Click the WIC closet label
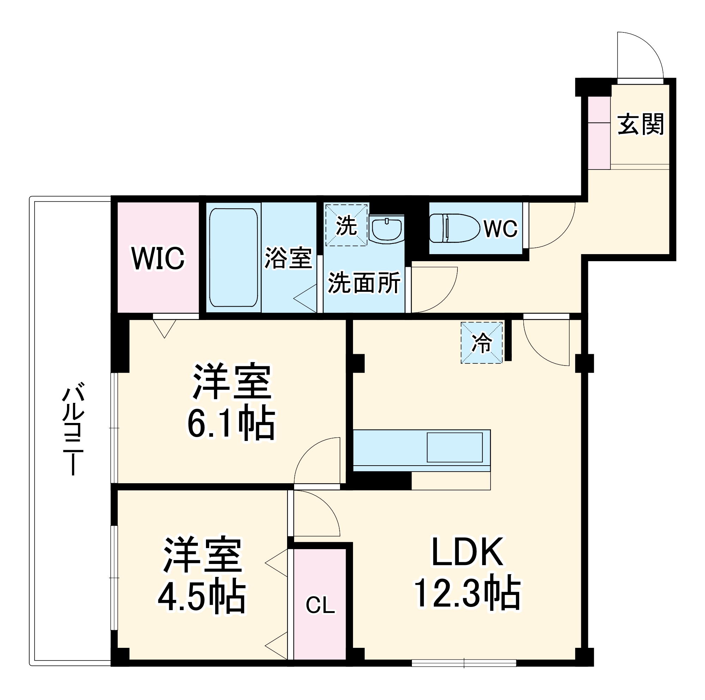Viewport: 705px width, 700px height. [x=158, y=258]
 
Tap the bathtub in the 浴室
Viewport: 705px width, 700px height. [x=233, y=258]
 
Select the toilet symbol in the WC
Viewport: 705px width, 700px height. [x=454, y=228]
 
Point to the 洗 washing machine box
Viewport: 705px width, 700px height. [x=346, y=225]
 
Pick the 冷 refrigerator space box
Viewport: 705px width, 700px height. [x=482, y=343]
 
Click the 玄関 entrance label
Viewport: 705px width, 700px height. [x=640, y=124]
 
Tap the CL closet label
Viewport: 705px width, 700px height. [x=320, y=605]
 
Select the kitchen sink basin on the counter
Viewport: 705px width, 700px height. [x=455, y=448]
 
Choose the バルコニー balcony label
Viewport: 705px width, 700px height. [x=73, y=429]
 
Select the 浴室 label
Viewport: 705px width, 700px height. [x=288, y=258]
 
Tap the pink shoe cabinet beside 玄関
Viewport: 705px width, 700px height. [x=599, y=133]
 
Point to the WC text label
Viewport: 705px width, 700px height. [x=501, y=229]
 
